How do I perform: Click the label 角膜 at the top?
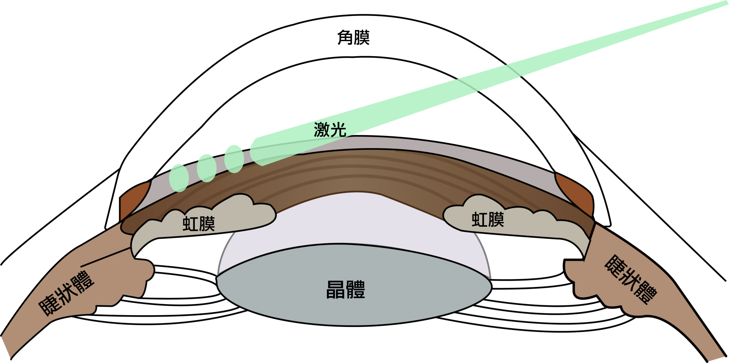(353, 38)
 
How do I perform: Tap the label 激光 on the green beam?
(330, 130)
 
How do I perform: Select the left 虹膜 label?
(199, 224)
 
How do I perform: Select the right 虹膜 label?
(488, 220)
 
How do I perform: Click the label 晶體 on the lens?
(346, 290)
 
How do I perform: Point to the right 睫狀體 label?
(631, 279)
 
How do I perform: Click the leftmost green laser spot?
(179, 178)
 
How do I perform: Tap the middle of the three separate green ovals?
(207, 168)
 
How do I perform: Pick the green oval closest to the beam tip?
(234, 159)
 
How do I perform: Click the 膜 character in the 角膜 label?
(361, 38)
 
